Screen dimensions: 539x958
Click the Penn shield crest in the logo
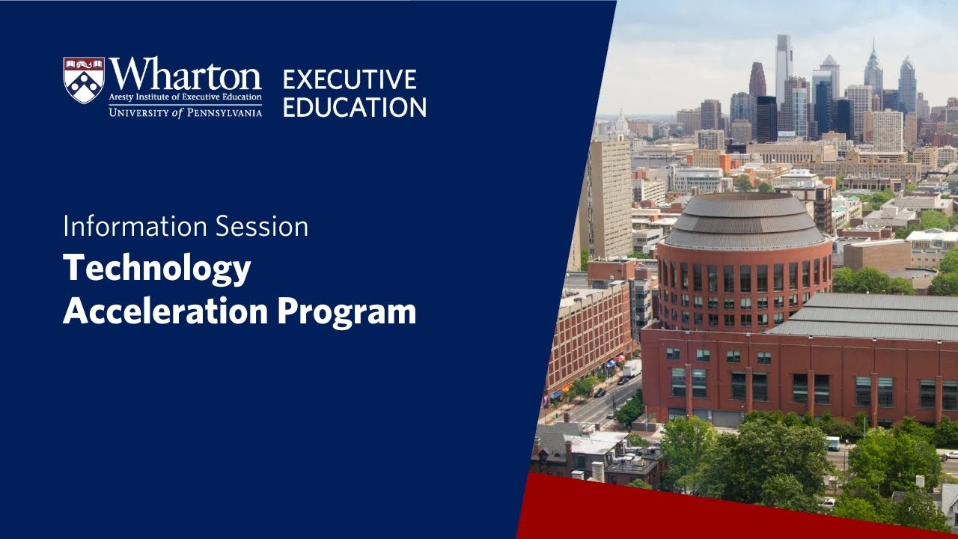[83, 80]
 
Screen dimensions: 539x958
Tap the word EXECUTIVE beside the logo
[349, 79]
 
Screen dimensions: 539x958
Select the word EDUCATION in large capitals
[355, 106]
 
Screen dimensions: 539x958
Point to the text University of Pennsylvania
[185, 112]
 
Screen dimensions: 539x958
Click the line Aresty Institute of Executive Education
[185, 97]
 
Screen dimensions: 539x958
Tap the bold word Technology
[156, 269]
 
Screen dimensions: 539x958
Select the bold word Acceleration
[165, 311]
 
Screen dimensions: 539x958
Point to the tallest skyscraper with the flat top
[783, 67]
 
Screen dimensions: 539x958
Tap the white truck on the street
[632, 368]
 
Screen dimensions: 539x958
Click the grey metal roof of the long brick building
[868, 314]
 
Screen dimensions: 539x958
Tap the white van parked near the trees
[832, 443]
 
